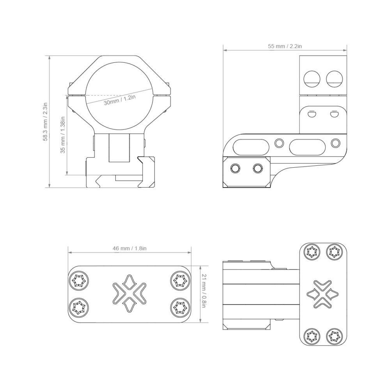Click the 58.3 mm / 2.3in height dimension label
pyautogui.click(x=46, y=121)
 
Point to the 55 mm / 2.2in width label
pyautogui.click(x=285, y=46)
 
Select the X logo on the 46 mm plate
pyautogui.click(x=129, y=294)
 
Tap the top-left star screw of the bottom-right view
pyautogui.click(x=312, y=252)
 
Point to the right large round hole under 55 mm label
pyautogui.click(x=335, y=78)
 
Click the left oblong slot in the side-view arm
pyautogui.click(x=250, y=146)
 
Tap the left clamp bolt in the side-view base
pyautogui.click(x=235, y=168)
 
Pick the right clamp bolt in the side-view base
pyautogui.click(x=257, y=168)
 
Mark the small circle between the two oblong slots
pyautogui.click(x=279, y=143)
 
